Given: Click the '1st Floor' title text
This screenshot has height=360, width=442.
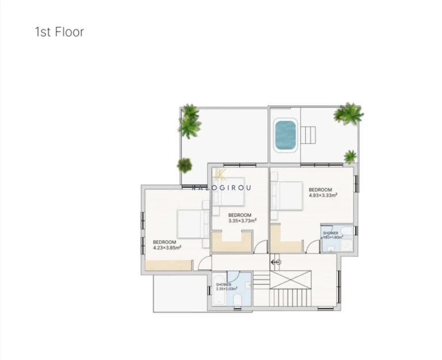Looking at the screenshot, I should [59, 32].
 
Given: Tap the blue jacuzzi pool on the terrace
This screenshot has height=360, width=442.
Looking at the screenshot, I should [285, 135].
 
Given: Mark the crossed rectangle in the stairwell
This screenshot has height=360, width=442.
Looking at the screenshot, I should [290, 279].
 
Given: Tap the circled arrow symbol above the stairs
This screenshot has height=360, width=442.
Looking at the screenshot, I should [276, 262].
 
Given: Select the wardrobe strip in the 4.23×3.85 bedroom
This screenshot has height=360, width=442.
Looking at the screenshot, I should [169, 265].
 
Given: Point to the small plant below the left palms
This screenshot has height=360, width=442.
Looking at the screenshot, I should [184, 166].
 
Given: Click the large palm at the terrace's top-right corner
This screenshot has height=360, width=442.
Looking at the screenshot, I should [349, 114].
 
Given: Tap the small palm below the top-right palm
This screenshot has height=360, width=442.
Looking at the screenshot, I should [350, 156].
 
